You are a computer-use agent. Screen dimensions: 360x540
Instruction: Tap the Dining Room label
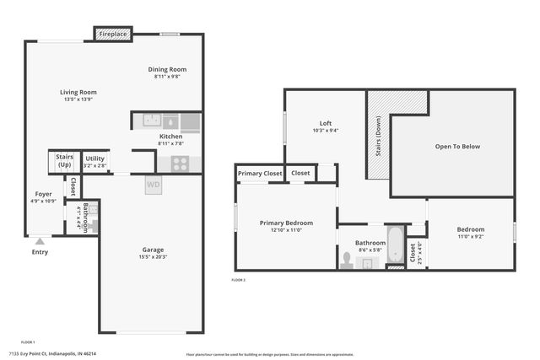pos(167,69)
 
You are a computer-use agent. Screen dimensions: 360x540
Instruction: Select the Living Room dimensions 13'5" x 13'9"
pos(78,99)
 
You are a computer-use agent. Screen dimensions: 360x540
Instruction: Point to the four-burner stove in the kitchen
pos(180,164)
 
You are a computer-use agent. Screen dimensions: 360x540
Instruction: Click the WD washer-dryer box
pos(154,184)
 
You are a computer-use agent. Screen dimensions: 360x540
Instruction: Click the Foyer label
pos(43,194)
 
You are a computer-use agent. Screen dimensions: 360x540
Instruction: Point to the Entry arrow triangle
pos(39,241)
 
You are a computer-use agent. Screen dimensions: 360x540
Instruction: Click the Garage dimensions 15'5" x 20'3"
pos(154,256)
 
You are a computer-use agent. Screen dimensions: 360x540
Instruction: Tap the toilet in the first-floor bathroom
pos(93,224)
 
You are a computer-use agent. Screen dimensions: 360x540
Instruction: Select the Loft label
pos(325,123)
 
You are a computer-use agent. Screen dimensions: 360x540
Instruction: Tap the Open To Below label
pos(457,147)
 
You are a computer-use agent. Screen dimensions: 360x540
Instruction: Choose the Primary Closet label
pos(260,174)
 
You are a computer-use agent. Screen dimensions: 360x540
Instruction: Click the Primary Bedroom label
pos(286,223)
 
